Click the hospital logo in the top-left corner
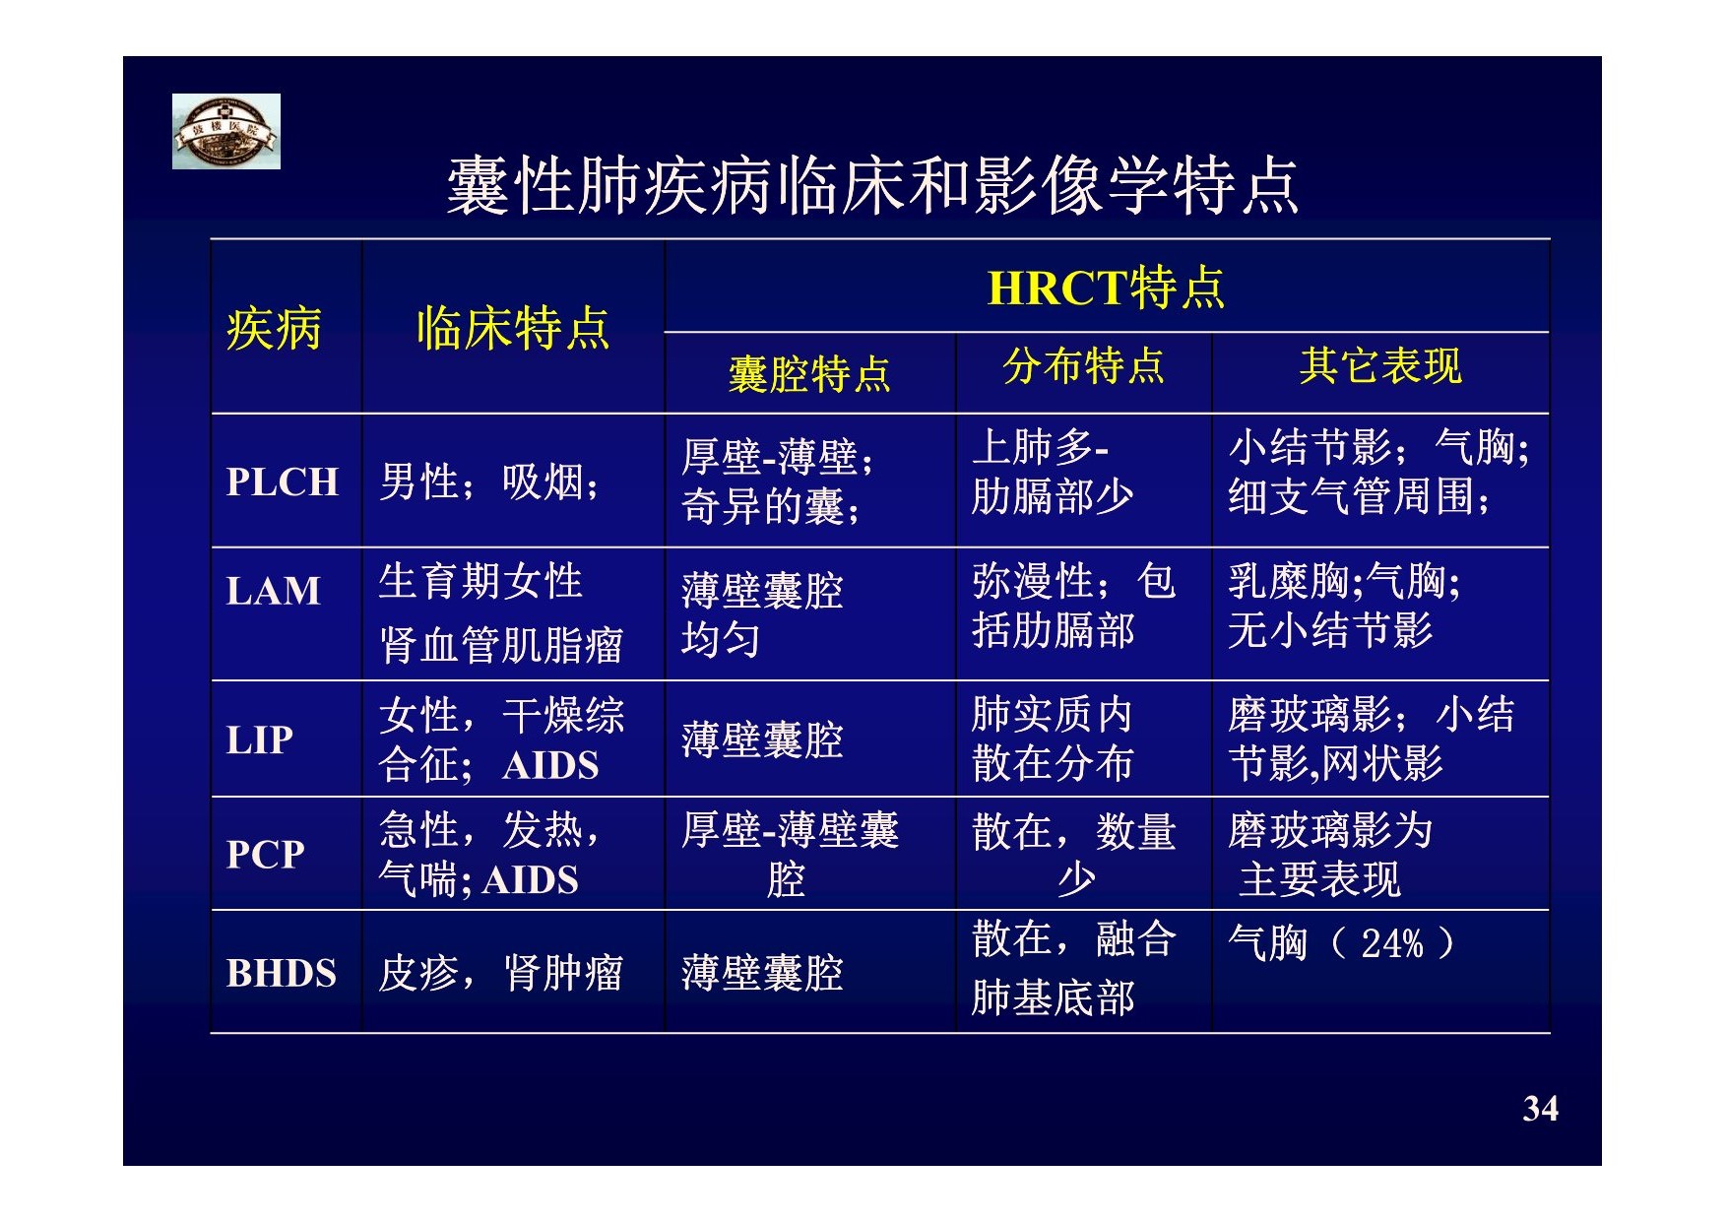tap(226, 131)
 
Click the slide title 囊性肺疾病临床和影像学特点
tap(872, 185)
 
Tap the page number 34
tap(1540, 1109)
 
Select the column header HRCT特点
tap(1106, 288)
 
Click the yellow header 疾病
tap(274, 328)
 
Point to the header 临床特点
tap(513, 328)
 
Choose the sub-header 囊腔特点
tap(809, 374)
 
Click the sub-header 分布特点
tap(1083, 366)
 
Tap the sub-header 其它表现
tap(1380, 366)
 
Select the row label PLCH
tap(283, 482)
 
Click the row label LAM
tap(274, 591)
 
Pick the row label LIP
tap(260, 739)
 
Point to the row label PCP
tap(266, 854)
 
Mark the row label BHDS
tap(282, 973)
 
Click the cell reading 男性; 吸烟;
tap(489, 482)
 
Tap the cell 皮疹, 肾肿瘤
tap(501, 973)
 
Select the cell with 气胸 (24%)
tap(1341, 943)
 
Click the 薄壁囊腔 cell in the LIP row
tap(762, 739)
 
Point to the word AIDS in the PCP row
tap(530, 879)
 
